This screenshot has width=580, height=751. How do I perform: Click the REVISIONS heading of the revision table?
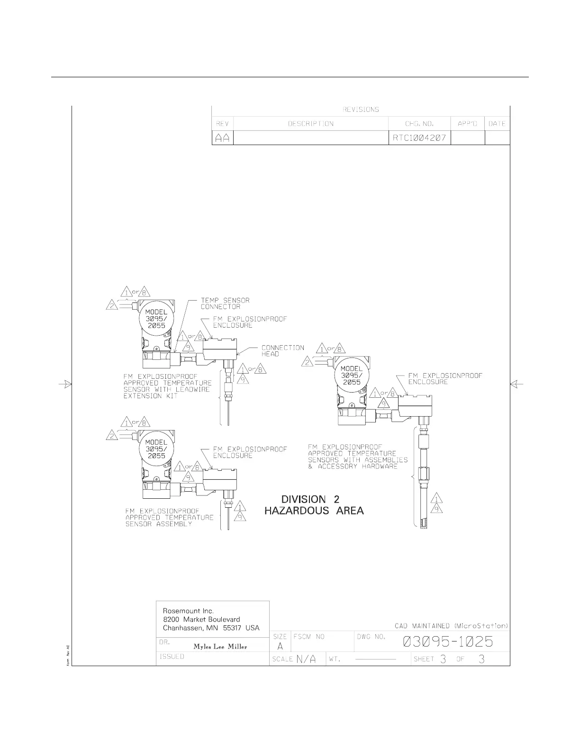(x=361, y=110)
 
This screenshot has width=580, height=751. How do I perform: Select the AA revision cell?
(x=222, y=138)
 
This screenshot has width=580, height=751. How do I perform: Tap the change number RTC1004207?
(x=419, y=138)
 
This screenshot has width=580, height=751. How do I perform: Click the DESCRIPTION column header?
(x=311, y=124)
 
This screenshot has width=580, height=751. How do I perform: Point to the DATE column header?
(x=497, y=124)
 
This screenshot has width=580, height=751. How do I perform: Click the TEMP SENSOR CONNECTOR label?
(x=225, y=303)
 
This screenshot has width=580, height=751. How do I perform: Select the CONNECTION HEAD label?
(x=282, y=351)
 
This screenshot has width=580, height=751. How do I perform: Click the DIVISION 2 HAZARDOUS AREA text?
(x=314, y=505)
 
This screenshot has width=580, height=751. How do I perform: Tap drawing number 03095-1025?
(x=448, y=642)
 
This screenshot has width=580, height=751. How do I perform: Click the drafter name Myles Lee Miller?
(x=220, y=647)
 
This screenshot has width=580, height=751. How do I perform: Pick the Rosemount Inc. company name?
(x=188, y=611)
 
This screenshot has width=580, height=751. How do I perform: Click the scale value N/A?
(x=306, y=659)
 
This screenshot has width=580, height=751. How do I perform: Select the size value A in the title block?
(x=280, y=646)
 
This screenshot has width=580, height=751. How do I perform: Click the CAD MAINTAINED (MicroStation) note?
(x=451, y=626)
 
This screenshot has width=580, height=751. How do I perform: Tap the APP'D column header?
(x=467, y=124)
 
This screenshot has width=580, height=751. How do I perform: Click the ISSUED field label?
(x=172, y=656)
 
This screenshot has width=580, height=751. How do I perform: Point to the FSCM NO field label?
(x=309, y=637)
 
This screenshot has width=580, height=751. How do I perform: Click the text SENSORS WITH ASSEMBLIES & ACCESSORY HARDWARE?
(x=358, y=463)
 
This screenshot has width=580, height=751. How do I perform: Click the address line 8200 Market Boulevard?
(x=201, y=619)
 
